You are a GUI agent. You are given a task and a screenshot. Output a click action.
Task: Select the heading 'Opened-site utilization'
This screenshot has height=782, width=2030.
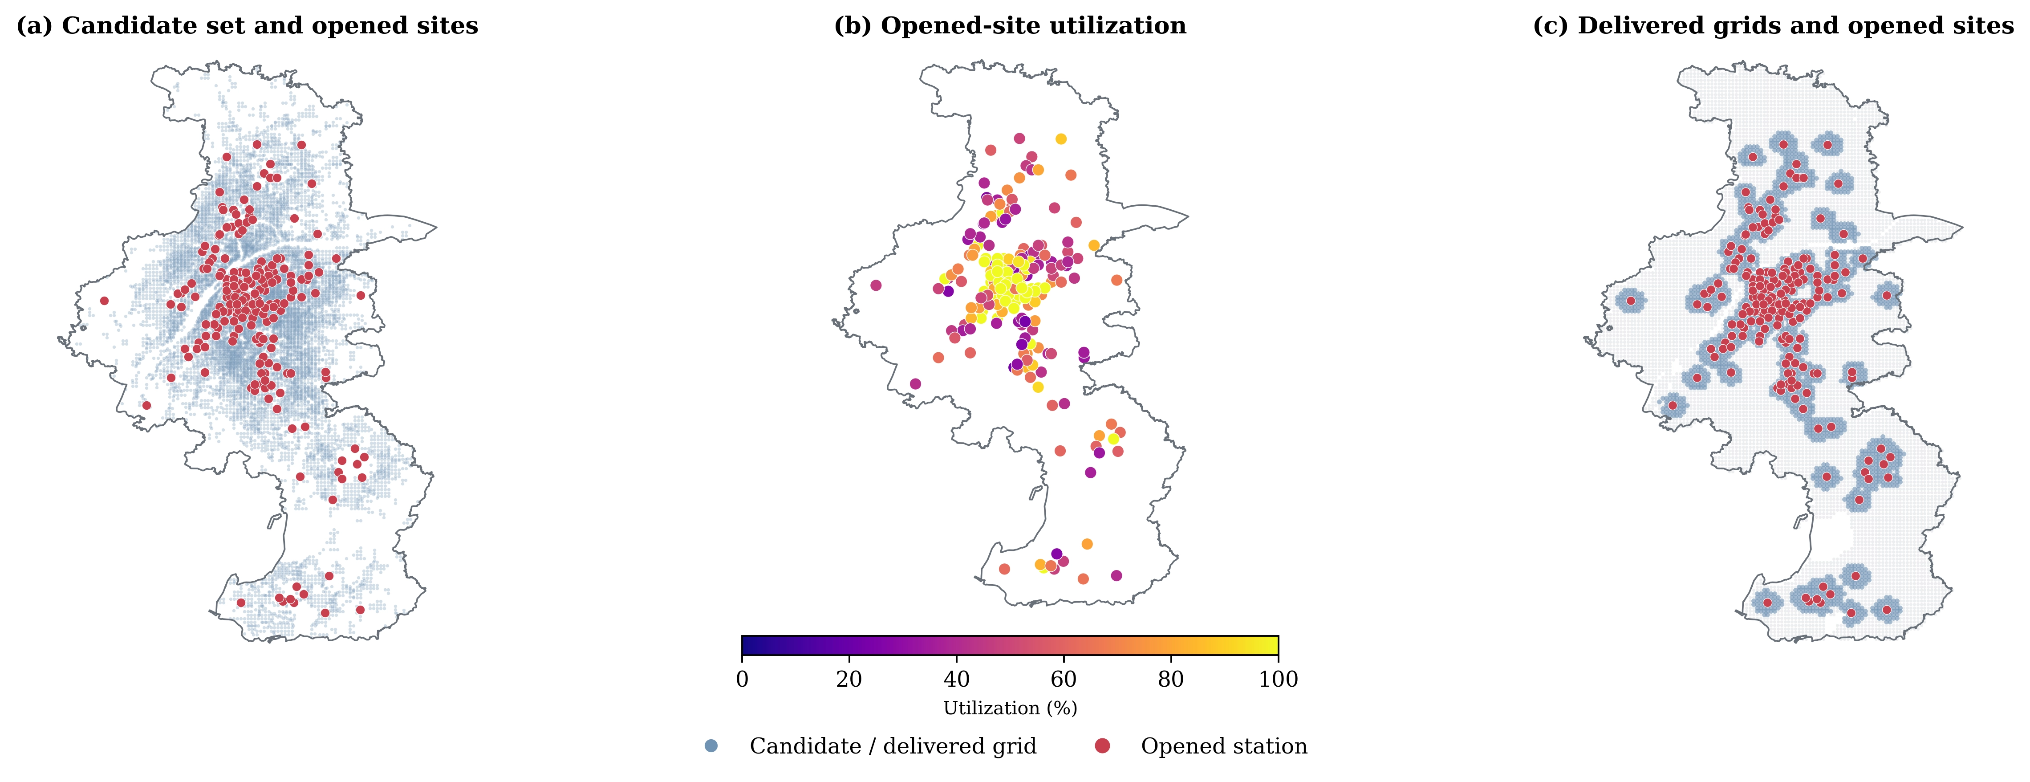click(1033, 25)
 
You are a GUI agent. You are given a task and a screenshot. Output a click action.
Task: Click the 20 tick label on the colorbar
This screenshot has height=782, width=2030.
click(849, 679)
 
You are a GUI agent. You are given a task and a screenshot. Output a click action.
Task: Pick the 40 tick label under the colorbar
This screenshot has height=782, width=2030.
click(957, 679)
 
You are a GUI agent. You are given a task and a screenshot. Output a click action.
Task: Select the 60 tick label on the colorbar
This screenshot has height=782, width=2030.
click(1064, 679)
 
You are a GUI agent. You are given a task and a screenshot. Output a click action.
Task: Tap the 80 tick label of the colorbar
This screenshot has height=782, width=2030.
click(1171, 679)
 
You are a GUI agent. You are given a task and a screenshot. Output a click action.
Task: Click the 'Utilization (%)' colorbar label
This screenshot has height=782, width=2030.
click(1010, 708)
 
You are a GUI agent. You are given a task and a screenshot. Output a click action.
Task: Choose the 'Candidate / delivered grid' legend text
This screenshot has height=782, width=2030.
click(893, 746)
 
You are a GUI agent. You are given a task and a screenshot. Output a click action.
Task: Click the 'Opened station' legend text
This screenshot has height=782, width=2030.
click(1224, 746)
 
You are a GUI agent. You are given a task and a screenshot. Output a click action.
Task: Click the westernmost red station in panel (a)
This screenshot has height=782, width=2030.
click(104, 300)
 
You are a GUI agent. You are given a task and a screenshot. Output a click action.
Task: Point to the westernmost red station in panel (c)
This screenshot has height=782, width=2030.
click(1631, 300)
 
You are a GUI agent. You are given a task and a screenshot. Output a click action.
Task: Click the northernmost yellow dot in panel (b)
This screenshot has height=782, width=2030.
click(1061, 139)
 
